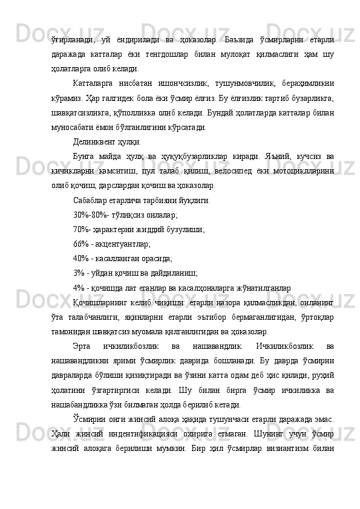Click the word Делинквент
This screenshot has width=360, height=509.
click(x=97, y=143)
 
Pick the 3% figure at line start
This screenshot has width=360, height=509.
click(x=79, y=273)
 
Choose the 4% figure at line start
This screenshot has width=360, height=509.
click(x=79, y=287)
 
